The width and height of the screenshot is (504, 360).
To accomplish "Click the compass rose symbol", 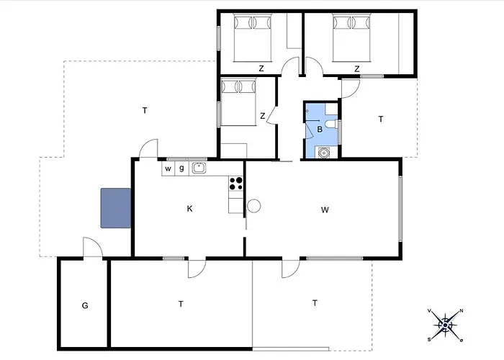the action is coord(445,325).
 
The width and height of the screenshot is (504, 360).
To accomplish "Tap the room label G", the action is coord(85,305).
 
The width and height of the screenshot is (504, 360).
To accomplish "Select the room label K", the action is coord(189,209).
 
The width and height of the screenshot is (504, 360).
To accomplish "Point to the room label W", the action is coord(325,210).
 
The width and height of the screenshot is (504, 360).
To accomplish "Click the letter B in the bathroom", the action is coord(320,129).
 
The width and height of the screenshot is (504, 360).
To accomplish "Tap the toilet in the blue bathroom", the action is coord(331,124).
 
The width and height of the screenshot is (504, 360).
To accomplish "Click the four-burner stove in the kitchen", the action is coord(235,184).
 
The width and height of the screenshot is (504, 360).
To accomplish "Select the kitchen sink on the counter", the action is coord(199,168).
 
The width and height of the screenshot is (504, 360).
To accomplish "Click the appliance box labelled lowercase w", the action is coord(168,168).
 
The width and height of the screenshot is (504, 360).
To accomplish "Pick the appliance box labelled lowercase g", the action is coord(181,168).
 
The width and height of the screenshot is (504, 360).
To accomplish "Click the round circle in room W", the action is coord(253,206).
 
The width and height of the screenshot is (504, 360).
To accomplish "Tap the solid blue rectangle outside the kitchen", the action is coord(116,208).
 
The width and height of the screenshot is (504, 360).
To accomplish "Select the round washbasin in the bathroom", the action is coord(324,153).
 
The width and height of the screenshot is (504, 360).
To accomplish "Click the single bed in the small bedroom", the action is coord(238,102).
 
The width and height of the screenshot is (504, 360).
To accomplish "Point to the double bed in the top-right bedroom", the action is coord(351,38).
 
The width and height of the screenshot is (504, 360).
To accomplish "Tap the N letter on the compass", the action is coord(462,311).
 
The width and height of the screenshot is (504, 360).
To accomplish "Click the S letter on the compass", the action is coord(429,339).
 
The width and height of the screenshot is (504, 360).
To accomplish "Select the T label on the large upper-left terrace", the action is coord(145,111).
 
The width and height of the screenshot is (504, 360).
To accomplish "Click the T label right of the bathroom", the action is coord(381,120).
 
